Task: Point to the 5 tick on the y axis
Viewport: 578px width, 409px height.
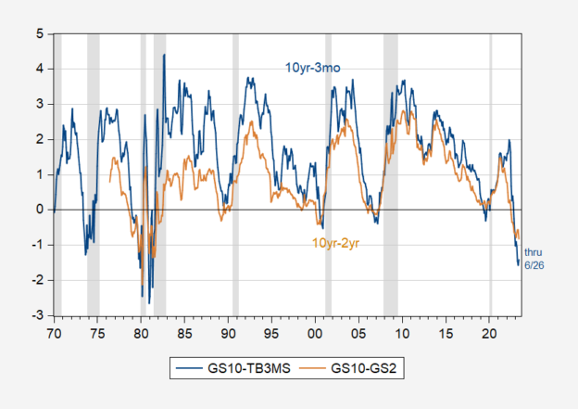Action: [x=39, y=34]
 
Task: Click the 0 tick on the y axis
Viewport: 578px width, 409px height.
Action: [x=39, y=210]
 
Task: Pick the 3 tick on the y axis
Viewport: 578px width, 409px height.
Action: [x=39, y=105]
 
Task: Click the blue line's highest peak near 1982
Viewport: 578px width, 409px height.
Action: [x=164, y=55]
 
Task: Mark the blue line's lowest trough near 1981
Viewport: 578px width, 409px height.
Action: [x=149, y=302]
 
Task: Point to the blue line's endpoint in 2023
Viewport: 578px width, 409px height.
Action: [x=518, y=265]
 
